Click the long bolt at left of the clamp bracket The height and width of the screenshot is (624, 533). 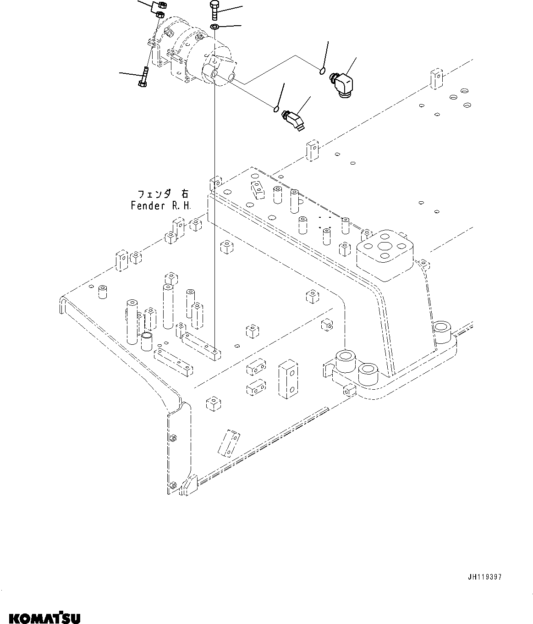pos(143,77)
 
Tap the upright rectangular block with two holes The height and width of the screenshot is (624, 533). pos(288,379)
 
